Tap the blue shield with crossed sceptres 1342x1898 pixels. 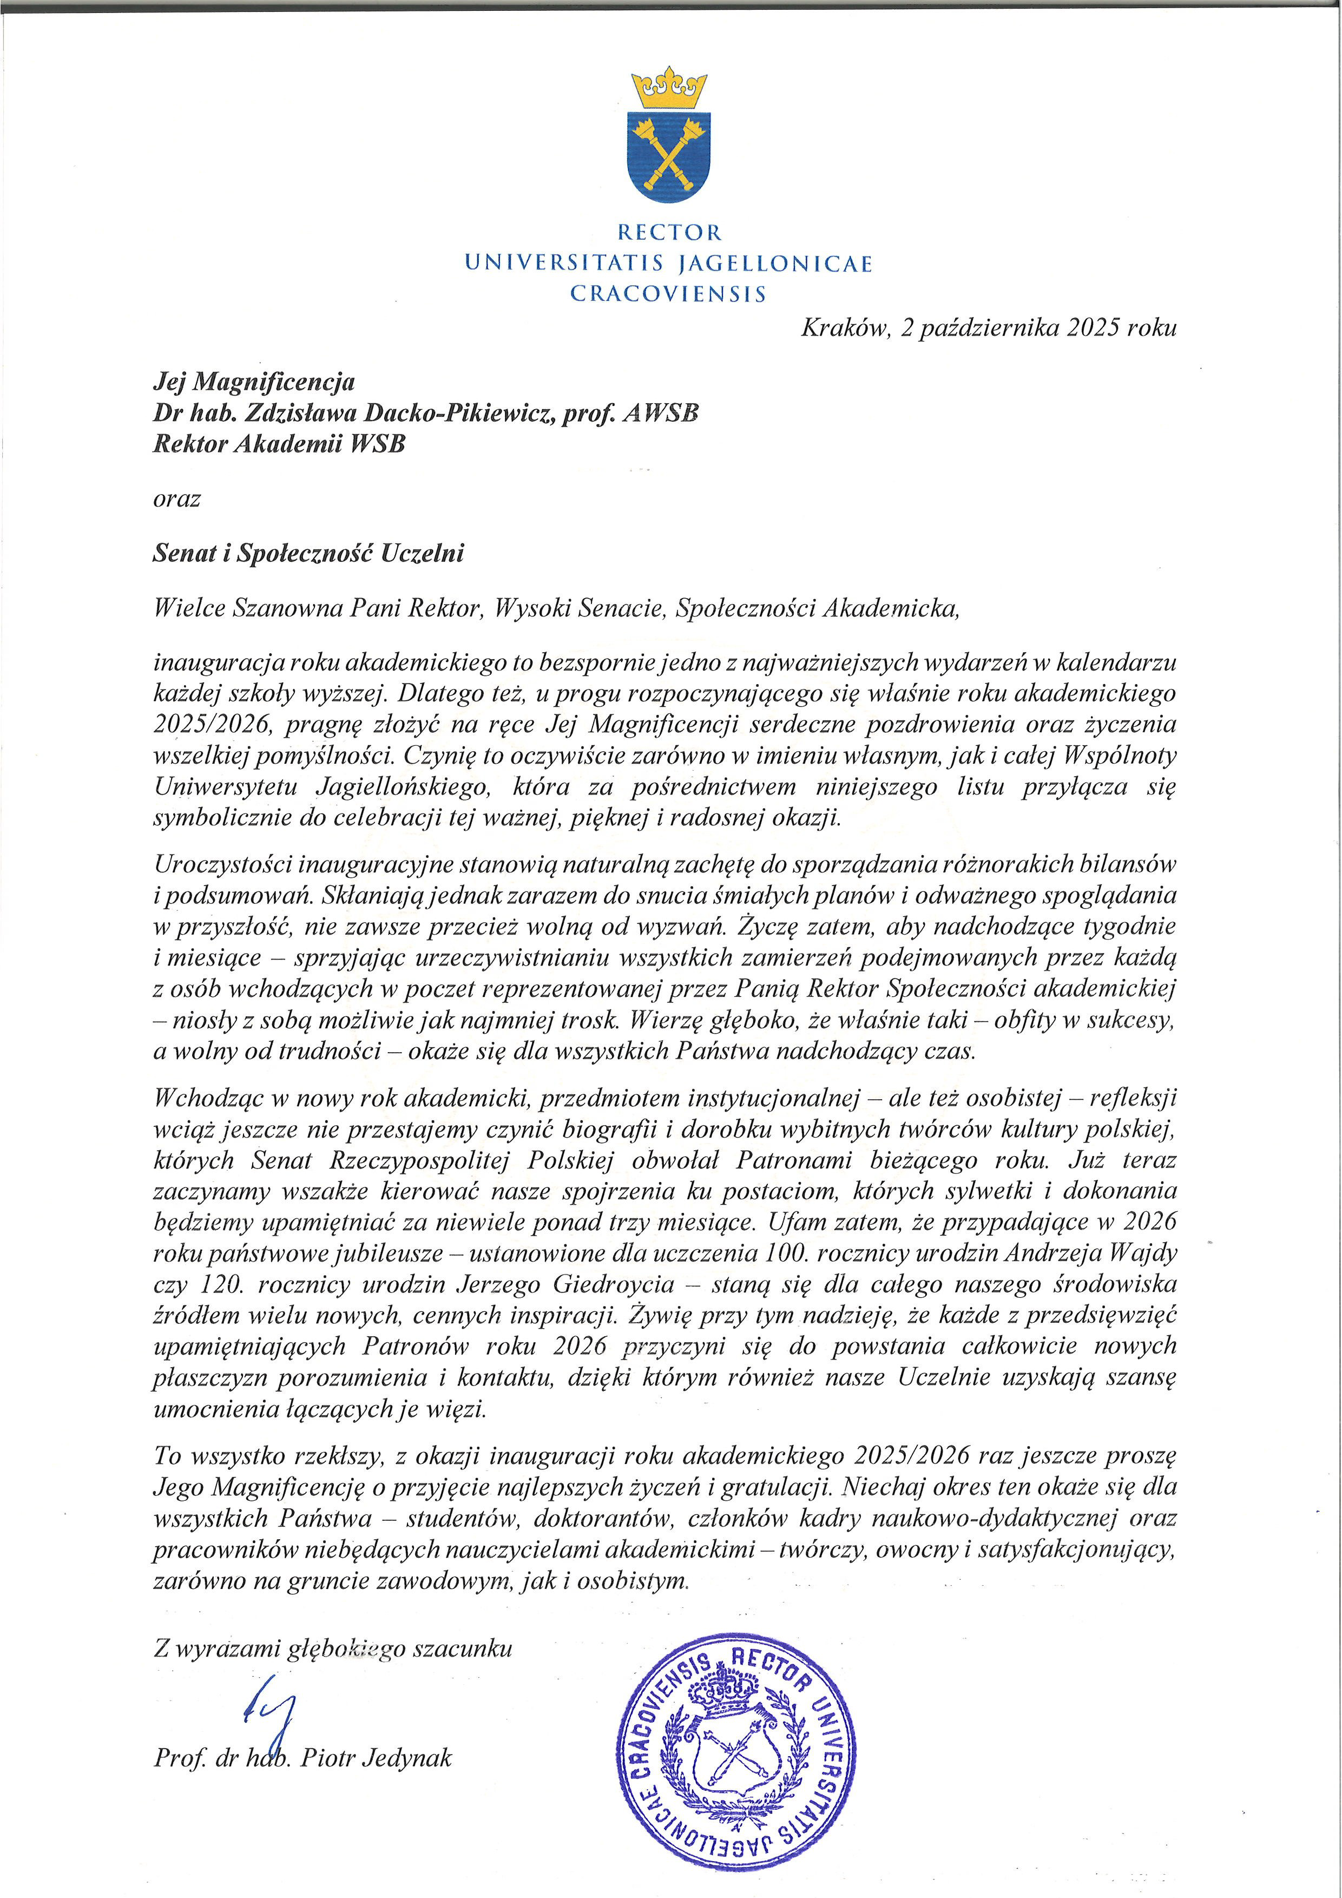(x=670, y=156)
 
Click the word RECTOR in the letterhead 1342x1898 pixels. (x=669, y=232)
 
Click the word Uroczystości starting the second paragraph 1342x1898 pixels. (x=221, y=864)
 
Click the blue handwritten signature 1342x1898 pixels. (x=271, y=1705)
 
